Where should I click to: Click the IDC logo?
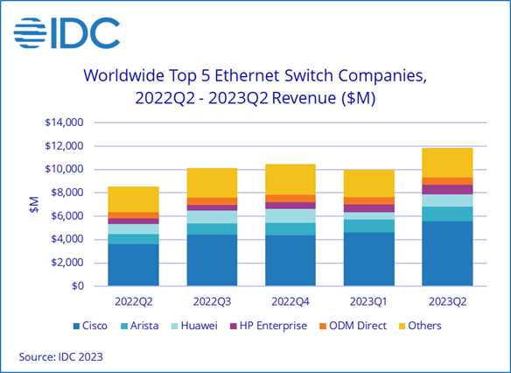[x=66, y=32]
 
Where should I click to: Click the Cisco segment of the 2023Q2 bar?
[x=448, y=253]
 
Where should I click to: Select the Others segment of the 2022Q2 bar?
[x=134, y=199]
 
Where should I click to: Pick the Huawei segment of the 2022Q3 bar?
[x=213, y=216]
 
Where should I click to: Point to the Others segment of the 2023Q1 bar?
[x=369, y=183]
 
